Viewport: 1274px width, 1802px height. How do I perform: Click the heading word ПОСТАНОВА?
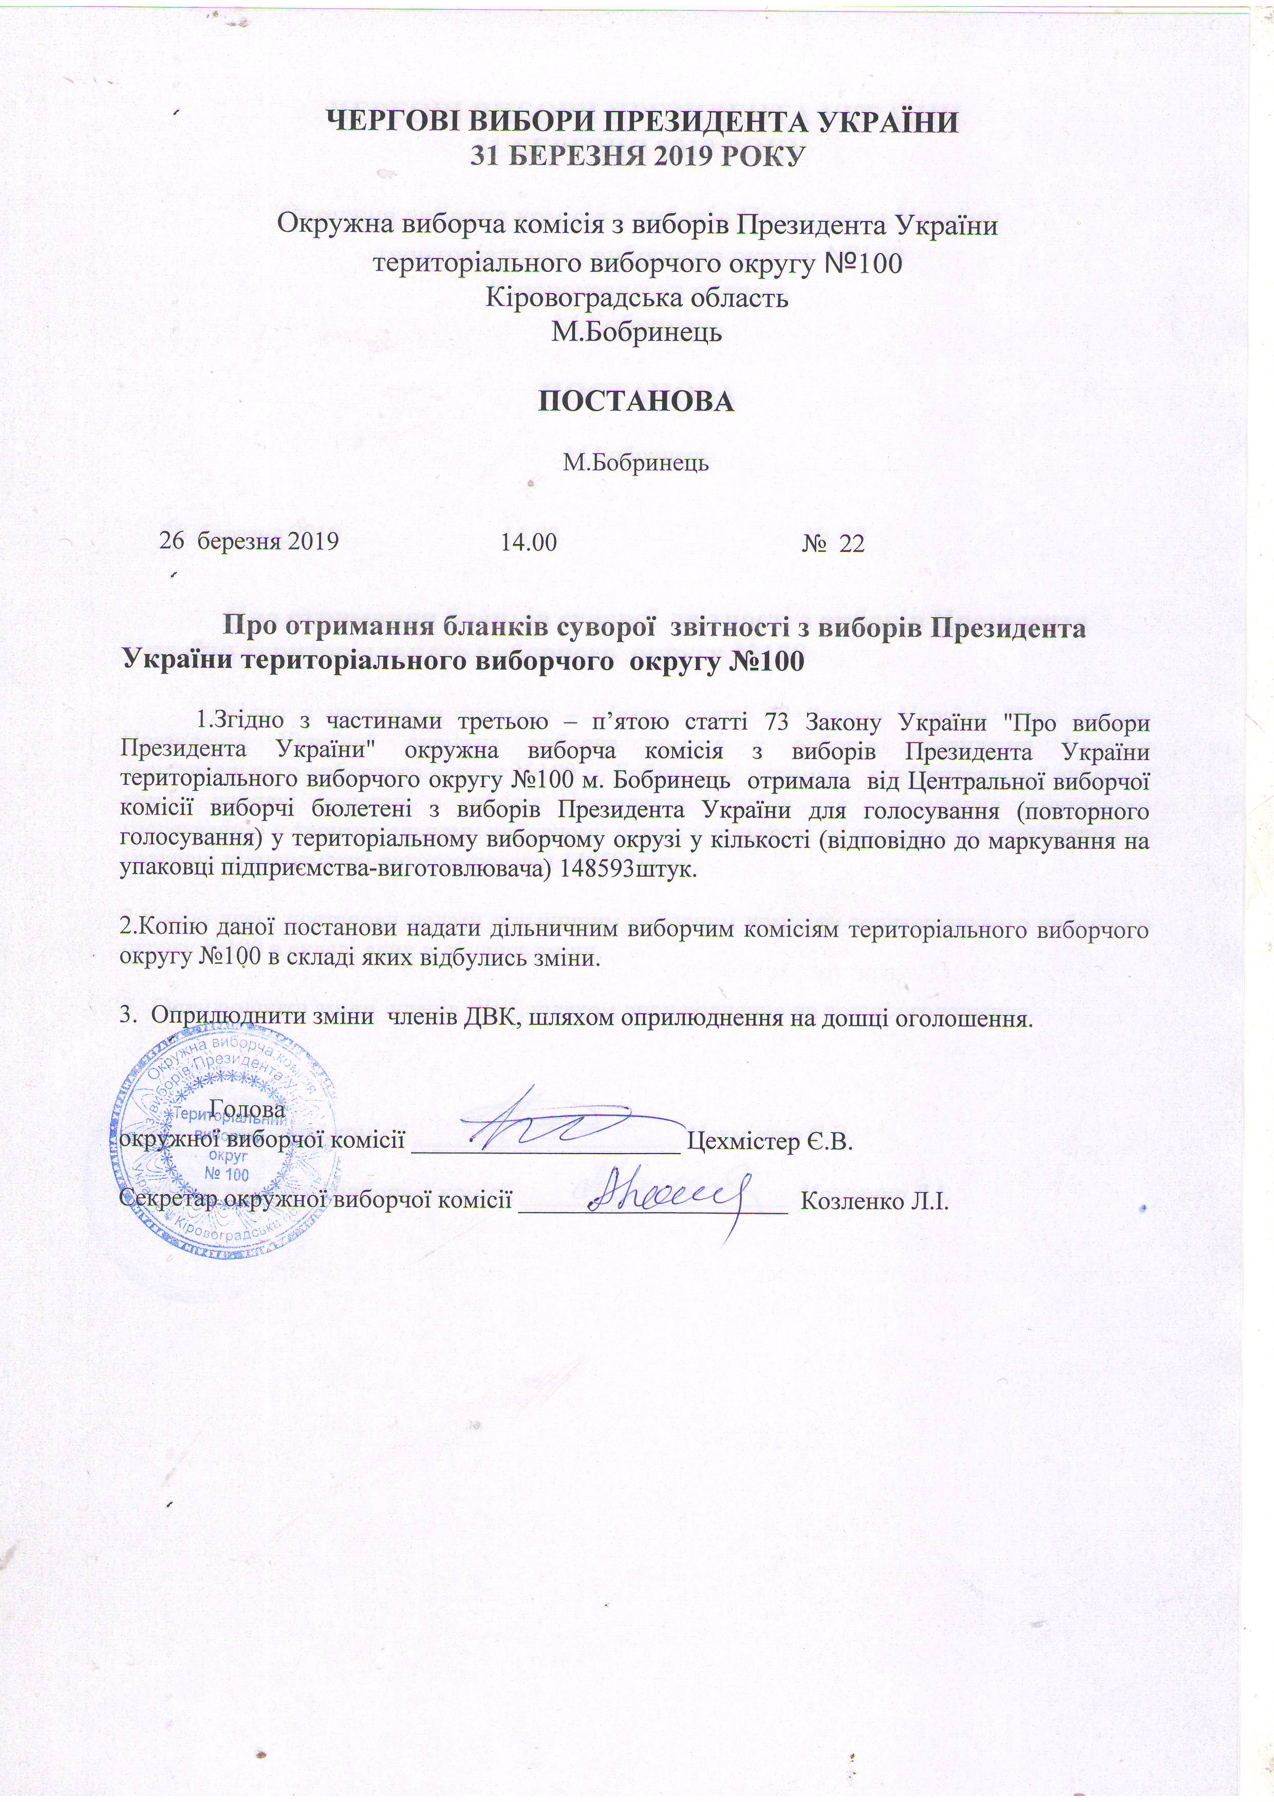(636, 401)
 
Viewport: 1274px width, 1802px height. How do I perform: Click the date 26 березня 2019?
(250, 542)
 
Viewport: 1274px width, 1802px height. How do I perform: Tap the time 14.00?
(529, 542)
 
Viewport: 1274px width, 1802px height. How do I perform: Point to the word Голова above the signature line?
(248, 1111)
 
